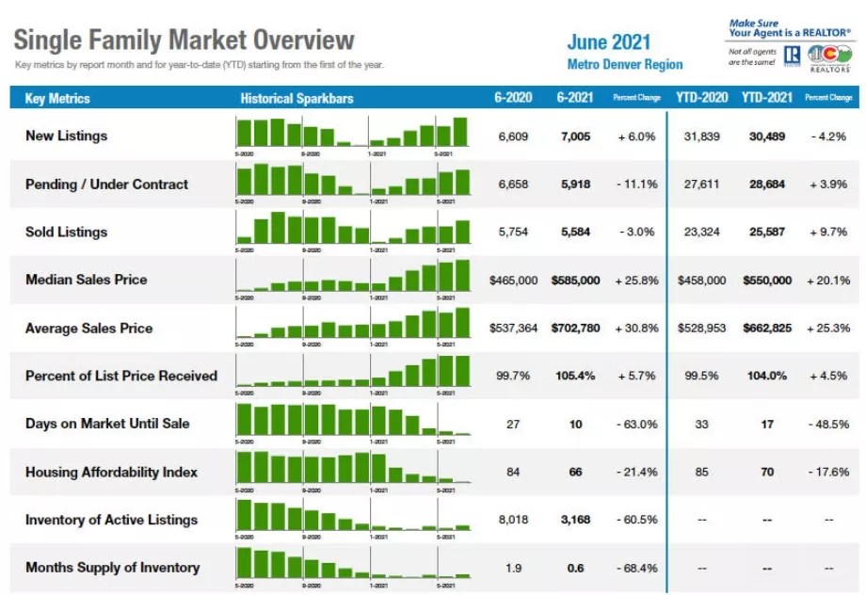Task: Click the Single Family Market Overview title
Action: pyautogui.click(x=184, y=40)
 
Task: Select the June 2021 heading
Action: pyautogui.click(x=608, y=42)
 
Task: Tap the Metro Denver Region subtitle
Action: pyautogui.click(x=625, y=64)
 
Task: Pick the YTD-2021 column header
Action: pyautogui.click(x=767, y=98)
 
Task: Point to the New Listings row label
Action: pyautogui.click(x=66, y=136)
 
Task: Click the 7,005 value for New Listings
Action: pyautogui.click(x=575, y=137)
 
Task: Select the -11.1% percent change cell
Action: pyautogui.click(x=637, y=185)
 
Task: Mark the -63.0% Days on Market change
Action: pyautogui.click(x=637, y=425)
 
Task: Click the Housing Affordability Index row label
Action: pyautogui.click(x=111, y=472)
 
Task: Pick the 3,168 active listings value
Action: pyautogui.click(x=575, y=520)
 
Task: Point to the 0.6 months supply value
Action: pyautogui.click(x=575, y=568)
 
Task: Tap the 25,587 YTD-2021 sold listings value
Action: pyautogui.click(x=767, y=233)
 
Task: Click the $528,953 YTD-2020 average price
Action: pyautogui.click(x=701, y=329)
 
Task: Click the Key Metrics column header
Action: pyautogui.click(x=57, y=98)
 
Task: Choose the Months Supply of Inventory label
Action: pyautogui.click(x=112, y=568)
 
